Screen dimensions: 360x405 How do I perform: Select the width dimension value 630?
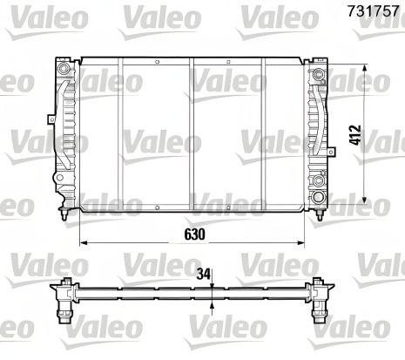coord(192,233)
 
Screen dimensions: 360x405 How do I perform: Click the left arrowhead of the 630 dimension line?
coord(84,244)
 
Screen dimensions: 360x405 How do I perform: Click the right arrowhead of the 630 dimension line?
coord(302,244)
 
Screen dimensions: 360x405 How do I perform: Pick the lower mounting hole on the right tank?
coord(318,181)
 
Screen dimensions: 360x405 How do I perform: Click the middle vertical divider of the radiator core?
coord(192,131)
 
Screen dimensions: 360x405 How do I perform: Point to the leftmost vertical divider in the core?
coord(120,131)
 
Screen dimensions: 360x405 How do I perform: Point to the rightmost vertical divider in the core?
coord(265,131)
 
